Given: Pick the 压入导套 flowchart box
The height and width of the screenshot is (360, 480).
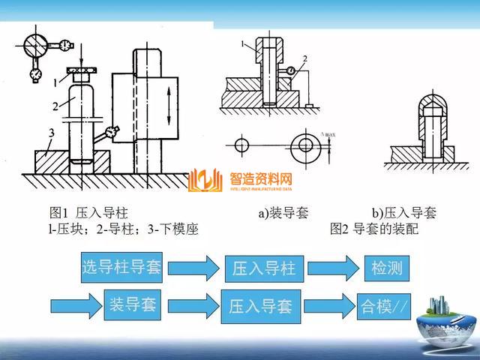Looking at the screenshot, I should click(x=260, y=305).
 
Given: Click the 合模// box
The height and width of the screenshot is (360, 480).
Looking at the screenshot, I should click(x=384, y=305).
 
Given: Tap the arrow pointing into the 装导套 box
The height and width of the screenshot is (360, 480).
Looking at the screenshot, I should click(x=75, y=304).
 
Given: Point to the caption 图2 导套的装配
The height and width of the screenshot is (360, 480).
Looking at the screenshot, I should click(x=373, y=229).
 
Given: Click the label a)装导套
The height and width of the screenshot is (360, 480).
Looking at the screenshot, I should click(x=283, y=213).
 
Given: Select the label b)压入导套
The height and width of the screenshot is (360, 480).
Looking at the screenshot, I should click(x=404, y=213).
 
